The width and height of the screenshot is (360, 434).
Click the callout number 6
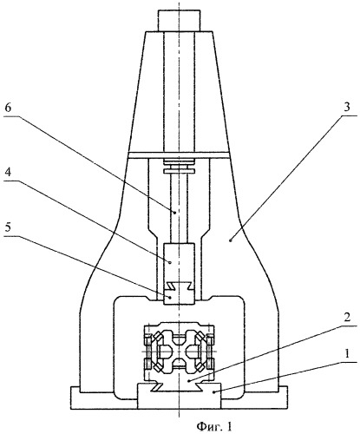(8, 108)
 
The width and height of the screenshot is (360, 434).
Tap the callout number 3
(347, 107)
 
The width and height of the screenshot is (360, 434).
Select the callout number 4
(8, 172)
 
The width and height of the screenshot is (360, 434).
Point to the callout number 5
(8, 227)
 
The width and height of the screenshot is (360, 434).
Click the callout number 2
(347, 318)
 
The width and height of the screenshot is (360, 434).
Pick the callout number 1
(347, 353)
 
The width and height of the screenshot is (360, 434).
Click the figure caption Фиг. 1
(214, 426)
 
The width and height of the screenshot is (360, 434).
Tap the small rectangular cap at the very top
(179, 21)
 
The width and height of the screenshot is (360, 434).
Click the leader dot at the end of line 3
(231, 240)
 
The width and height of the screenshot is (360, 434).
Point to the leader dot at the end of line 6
(175, 213)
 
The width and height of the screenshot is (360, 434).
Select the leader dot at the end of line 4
(170, 262)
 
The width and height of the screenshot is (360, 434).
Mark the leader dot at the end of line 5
(170, 297)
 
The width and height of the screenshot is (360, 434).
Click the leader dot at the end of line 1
(213, 392)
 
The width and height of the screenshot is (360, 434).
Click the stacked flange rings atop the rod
(179, 166)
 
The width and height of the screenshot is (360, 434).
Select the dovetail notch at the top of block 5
(179, 286)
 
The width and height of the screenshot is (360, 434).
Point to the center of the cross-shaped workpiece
(179, 352)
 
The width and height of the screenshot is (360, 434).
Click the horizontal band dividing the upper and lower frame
(179, 155)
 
